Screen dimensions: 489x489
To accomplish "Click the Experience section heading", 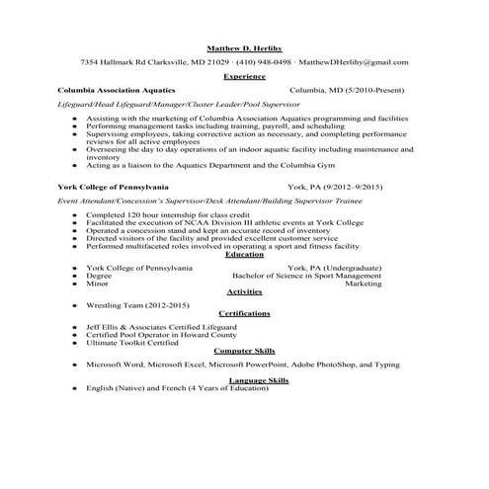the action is (244, 75).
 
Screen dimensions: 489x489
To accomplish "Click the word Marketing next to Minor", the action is (363, 284).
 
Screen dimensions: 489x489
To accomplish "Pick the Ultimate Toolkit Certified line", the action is (132, 343).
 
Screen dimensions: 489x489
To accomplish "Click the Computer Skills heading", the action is (244, 351).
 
